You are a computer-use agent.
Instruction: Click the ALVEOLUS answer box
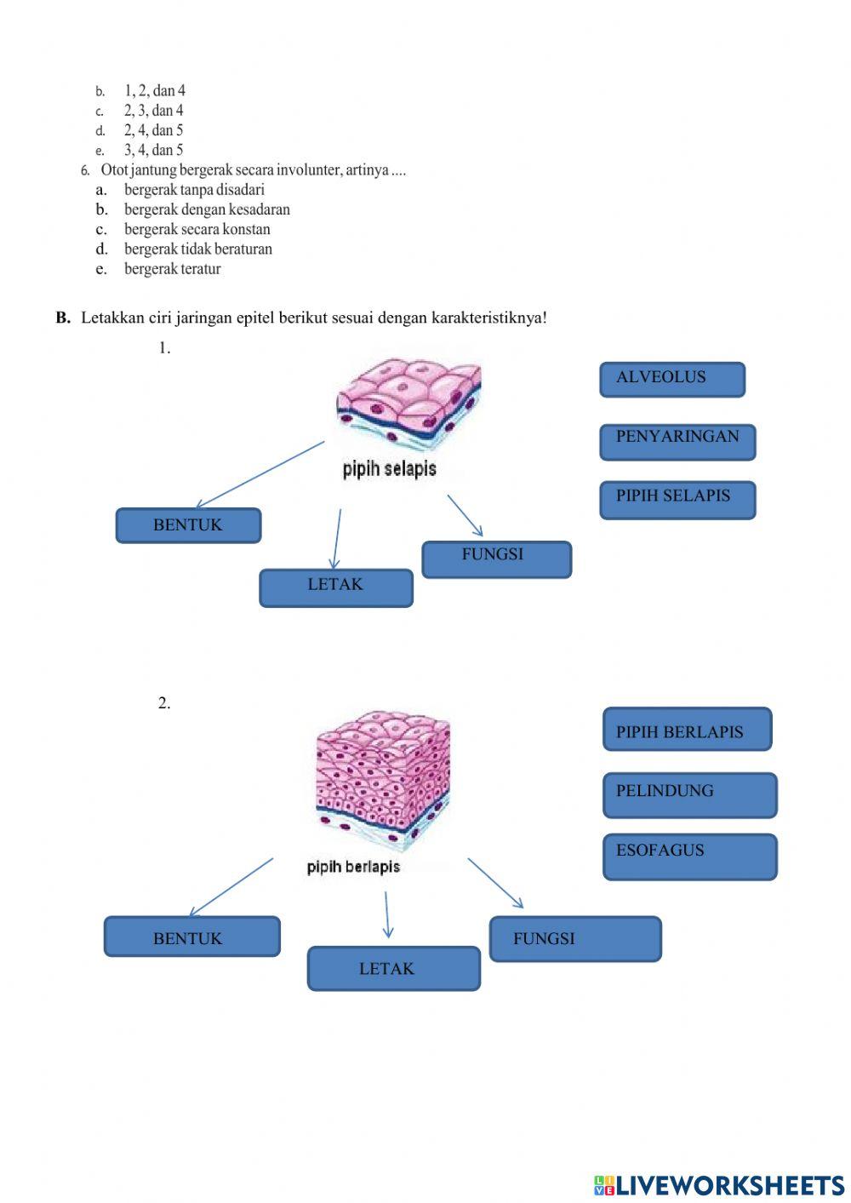pyautogui.click(x=671, y=379)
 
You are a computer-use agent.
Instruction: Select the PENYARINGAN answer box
pyautogui.click(x=677, y=442)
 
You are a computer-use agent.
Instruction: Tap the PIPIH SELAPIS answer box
pyautogui.click(x=677, y=500)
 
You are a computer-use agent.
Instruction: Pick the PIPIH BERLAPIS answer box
pyautogui.click(x=687, y=730)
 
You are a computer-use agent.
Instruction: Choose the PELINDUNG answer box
pyautogui.click(x=689, y=795)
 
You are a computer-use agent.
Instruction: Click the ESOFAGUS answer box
pyautogui.click(x=689, y=856)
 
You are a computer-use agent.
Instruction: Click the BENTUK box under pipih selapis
pyautogui.click(x=188, y=525)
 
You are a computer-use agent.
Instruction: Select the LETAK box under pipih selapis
pyautogui.click(x=335, y=587)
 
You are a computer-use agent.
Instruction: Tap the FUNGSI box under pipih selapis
pyautogui.click(x=496, y=559)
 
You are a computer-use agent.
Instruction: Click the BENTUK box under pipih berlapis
pyautogui.click(x=191, y=937)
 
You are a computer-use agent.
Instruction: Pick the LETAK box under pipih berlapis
pyautogui.click(x=393, y=968)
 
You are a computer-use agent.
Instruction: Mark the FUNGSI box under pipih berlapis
pyautogui.click(x=574, y=938)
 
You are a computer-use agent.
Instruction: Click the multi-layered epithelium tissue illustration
pyautogui.click(x=383, y=780)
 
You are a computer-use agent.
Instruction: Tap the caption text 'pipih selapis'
pyautogui.click(x=390, y=469)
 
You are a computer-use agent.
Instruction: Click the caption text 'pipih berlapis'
pyautogui.click(x=353, y=867)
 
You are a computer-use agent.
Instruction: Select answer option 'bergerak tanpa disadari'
pyautogui.click(x=194, y=190)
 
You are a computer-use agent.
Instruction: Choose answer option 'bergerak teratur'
pyautogui.click(x=172, y=269)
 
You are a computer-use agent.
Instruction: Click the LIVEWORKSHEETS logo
pyautogui.click(x=718, y=1185)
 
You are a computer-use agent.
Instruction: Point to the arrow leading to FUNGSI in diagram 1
pyautogui.click(x=465, y=515)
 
